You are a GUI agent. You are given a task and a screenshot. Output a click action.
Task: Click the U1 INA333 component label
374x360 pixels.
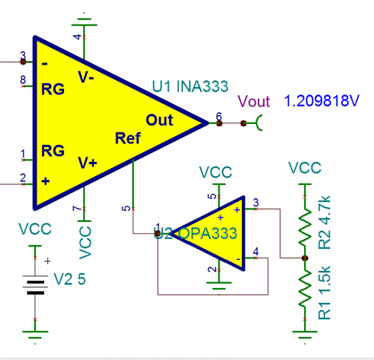190,86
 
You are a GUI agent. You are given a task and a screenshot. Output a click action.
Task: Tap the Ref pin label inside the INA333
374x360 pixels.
128,139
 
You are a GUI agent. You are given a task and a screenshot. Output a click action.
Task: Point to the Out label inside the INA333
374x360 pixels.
160,120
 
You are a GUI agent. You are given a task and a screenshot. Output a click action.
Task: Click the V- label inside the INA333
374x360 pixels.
86,78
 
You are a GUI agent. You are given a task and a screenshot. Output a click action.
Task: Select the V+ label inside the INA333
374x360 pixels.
88,163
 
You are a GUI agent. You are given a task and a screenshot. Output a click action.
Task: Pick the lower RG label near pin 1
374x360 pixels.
53,151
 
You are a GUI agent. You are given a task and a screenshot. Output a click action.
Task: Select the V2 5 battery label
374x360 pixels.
70,278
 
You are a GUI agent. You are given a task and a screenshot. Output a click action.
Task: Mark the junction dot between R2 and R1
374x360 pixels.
304,259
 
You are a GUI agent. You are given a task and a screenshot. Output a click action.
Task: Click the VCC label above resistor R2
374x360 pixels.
305,167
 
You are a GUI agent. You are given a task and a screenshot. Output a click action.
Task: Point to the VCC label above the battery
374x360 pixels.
35,229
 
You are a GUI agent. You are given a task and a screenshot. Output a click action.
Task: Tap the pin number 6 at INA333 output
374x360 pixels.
219,116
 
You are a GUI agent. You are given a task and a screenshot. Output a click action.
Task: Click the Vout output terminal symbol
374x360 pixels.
259,123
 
